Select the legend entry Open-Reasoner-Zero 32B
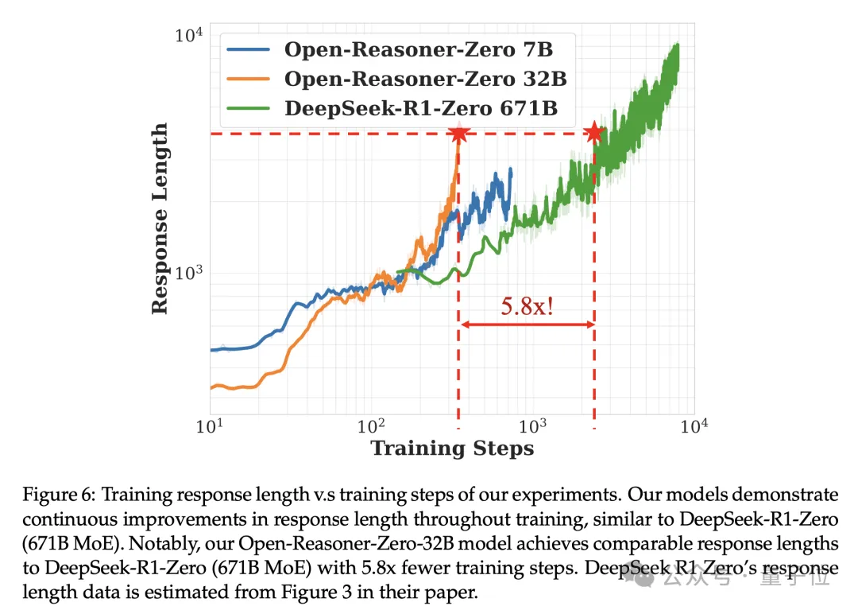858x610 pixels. (425, 79)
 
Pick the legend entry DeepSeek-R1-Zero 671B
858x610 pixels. (421, 107)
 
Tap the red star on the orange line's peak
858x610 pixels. (458, 133)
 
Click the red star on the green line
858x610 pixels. (593, 133)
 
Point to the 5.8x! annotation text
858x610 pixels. (527, 306)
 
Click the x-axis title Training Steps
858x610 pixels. (452, 448)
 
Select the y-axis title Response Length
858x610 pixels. (160, 218)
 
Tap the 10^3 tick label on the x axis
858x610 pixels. (533, 427)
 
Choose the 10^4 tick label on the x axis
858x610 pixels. (694, 427)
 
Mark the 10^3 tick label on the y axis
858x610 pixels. (188, 272)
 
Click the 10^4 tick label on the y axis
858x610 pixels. (188, 36)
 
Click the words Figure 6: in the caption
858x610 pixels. (53, 495)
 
